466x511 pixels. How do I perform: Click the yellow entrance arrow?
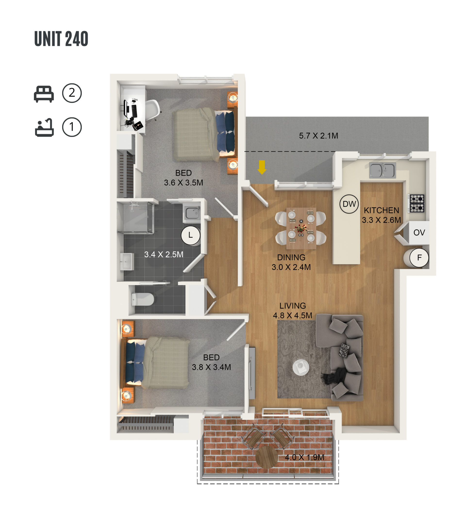pos(262,167)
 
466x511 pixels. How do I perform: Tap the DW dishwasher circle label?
pos(349,204)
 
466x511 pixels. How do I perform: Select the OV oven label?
pos(419,232)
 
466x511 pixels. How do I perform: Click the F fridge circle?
pos(419,258)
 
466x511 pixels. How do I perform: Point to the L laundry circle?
pos(191,235)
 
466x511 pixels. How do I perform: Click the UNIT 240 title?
pos(61,39)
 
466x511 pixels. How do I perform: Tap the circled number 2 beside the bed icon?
pos(72,93)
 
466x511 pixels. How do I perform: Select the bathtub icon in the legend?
pos(44,127)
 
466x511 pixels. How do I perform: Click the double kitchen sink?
pos(382,170)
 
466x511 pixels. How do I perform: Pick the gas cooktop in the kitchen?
pos(417,203)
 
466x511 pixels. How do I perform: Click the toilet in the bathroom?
pos(142,299)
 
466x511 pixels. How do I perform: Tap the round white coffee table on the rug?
pos(301,366)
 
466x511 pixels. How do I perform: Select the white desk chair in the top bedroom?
pos(152,110)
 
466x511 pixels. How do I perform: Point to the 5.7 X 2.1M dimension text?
pos(318,136)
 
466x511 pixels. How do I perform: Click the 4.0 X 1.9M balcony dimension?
pos(304,457)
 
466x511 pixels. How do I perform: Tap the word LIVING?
pos(292,306)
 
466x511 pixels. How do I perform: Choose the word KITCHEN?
pos(381,210)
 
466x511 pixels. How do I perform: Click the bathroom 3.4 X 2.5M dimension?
pos(164,254)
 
